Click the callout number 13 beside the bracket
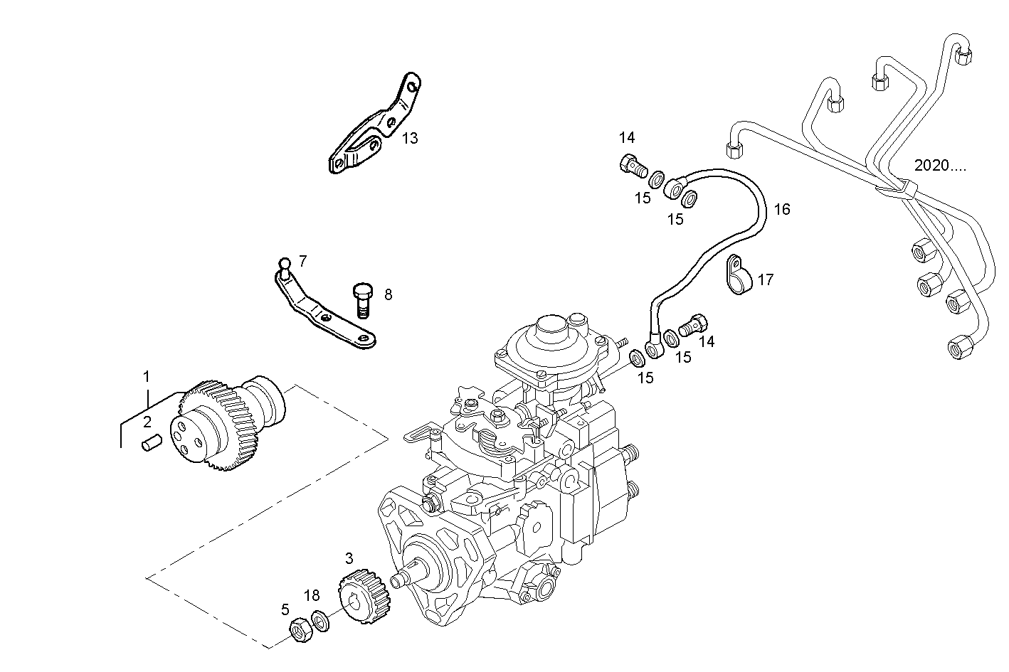click(410, 138)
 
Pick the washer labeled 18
click(320, 620)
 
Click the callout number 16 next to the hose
click(782, 209)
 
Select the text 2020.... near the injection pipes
click(940, 166)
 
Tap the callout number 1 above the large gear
click(147, 376)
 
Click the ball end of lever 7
click(285, 264)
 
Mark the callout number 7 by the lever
click(302, 261)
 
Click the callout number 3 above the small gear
click(349, 559)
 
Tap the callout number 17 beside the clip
click(765, 280)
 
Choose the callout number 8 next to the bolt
click(388, 294)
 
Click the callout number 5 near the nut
click(285, 609)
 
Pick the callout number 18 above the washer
click(312, 595)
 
